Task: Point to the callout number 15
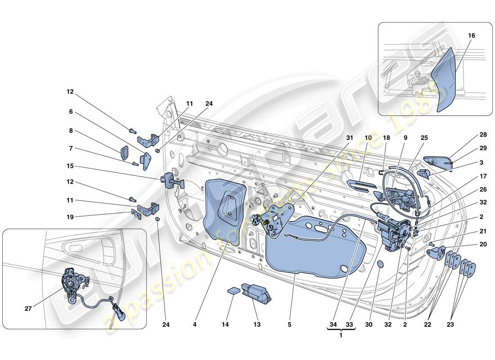pyautogui.click(x=71, y=166)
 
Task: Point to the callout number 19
pyautogui.click(x=71, y=216)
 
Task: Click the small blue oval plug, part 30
pyautogui.click(x=379, y=265)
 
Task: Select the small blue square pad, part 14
pyautogui.click(x=233, y=290)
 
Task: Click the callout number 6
pyautogui.click(x=71, y=112)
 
